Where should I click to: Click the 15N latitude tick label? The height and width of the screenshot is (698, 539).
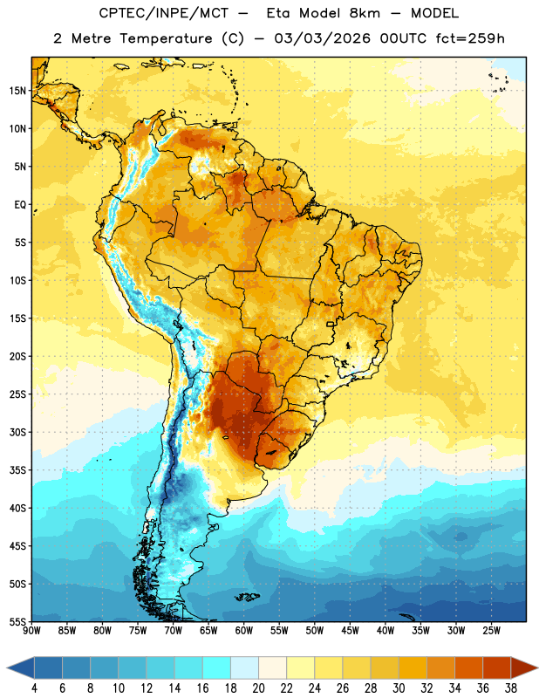[17, 91]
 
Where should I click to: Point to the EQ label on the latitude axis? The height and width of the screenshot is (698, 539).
[20, 205]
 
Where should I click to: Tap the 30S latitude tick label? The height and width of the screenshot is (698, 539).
[17, 432]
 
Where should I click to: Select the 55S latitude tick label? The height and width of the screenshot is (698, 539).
[17, 622]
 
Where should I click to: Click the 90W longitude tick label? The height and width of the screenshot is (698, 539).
[31, 631]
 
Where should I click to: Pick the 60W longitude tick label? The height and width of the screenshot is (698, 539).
[244, 631]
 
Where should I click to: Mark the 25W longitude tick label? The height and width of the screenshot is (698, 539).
[491, 631]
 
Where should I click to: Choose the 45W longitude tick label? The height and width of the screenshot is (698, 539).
[350, 631]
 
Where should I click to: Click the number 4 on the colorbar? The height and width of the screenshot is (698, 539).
[34, 688]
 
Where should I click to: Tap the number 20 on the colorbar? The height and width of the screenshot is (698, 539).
[258, 688]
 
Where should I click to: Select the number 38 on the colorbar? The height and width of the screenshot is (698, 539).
[511, 688]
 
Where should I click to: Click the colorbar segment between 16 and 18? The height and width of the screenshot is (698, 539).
[217, 667]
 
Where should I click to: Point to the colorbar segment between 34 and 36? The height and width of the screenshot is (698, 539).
[468, 667]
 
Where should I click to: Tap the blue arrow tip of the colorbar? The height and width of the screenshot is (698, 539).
[10, 667]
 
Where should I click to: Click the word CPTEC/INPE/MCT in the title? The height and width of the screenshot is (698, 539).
[163, 13]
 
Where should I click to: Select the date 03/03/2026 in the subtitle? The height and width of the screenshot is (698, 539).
[322, 38]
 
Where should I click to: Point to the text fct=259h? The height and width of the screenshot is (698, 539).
[470, 38]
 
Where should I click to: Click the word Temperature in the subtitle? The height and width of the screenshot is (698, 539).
[166, 39]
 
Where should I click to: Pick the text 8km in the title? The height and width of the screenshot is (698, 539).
[365, 13]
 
